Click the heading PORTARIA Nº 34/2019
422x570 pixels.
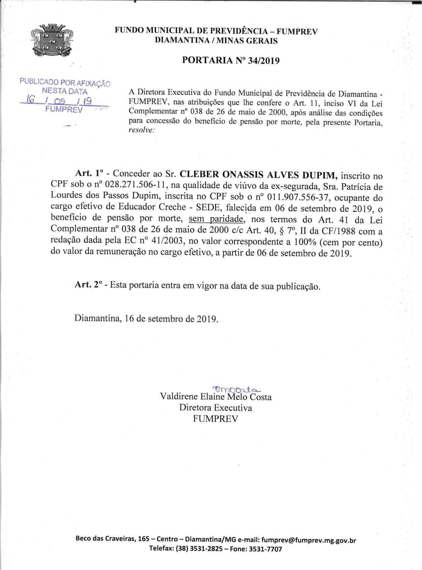pos(231,61)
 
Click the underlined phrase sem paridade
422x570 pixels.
pos(216,219)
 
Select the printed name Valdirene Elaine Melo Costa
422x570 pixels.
pos(216,397)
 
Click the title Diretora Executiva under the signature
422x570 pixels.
pos(215,408)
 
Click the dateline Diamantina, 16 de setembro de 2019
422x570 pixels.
pos(146,319)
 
